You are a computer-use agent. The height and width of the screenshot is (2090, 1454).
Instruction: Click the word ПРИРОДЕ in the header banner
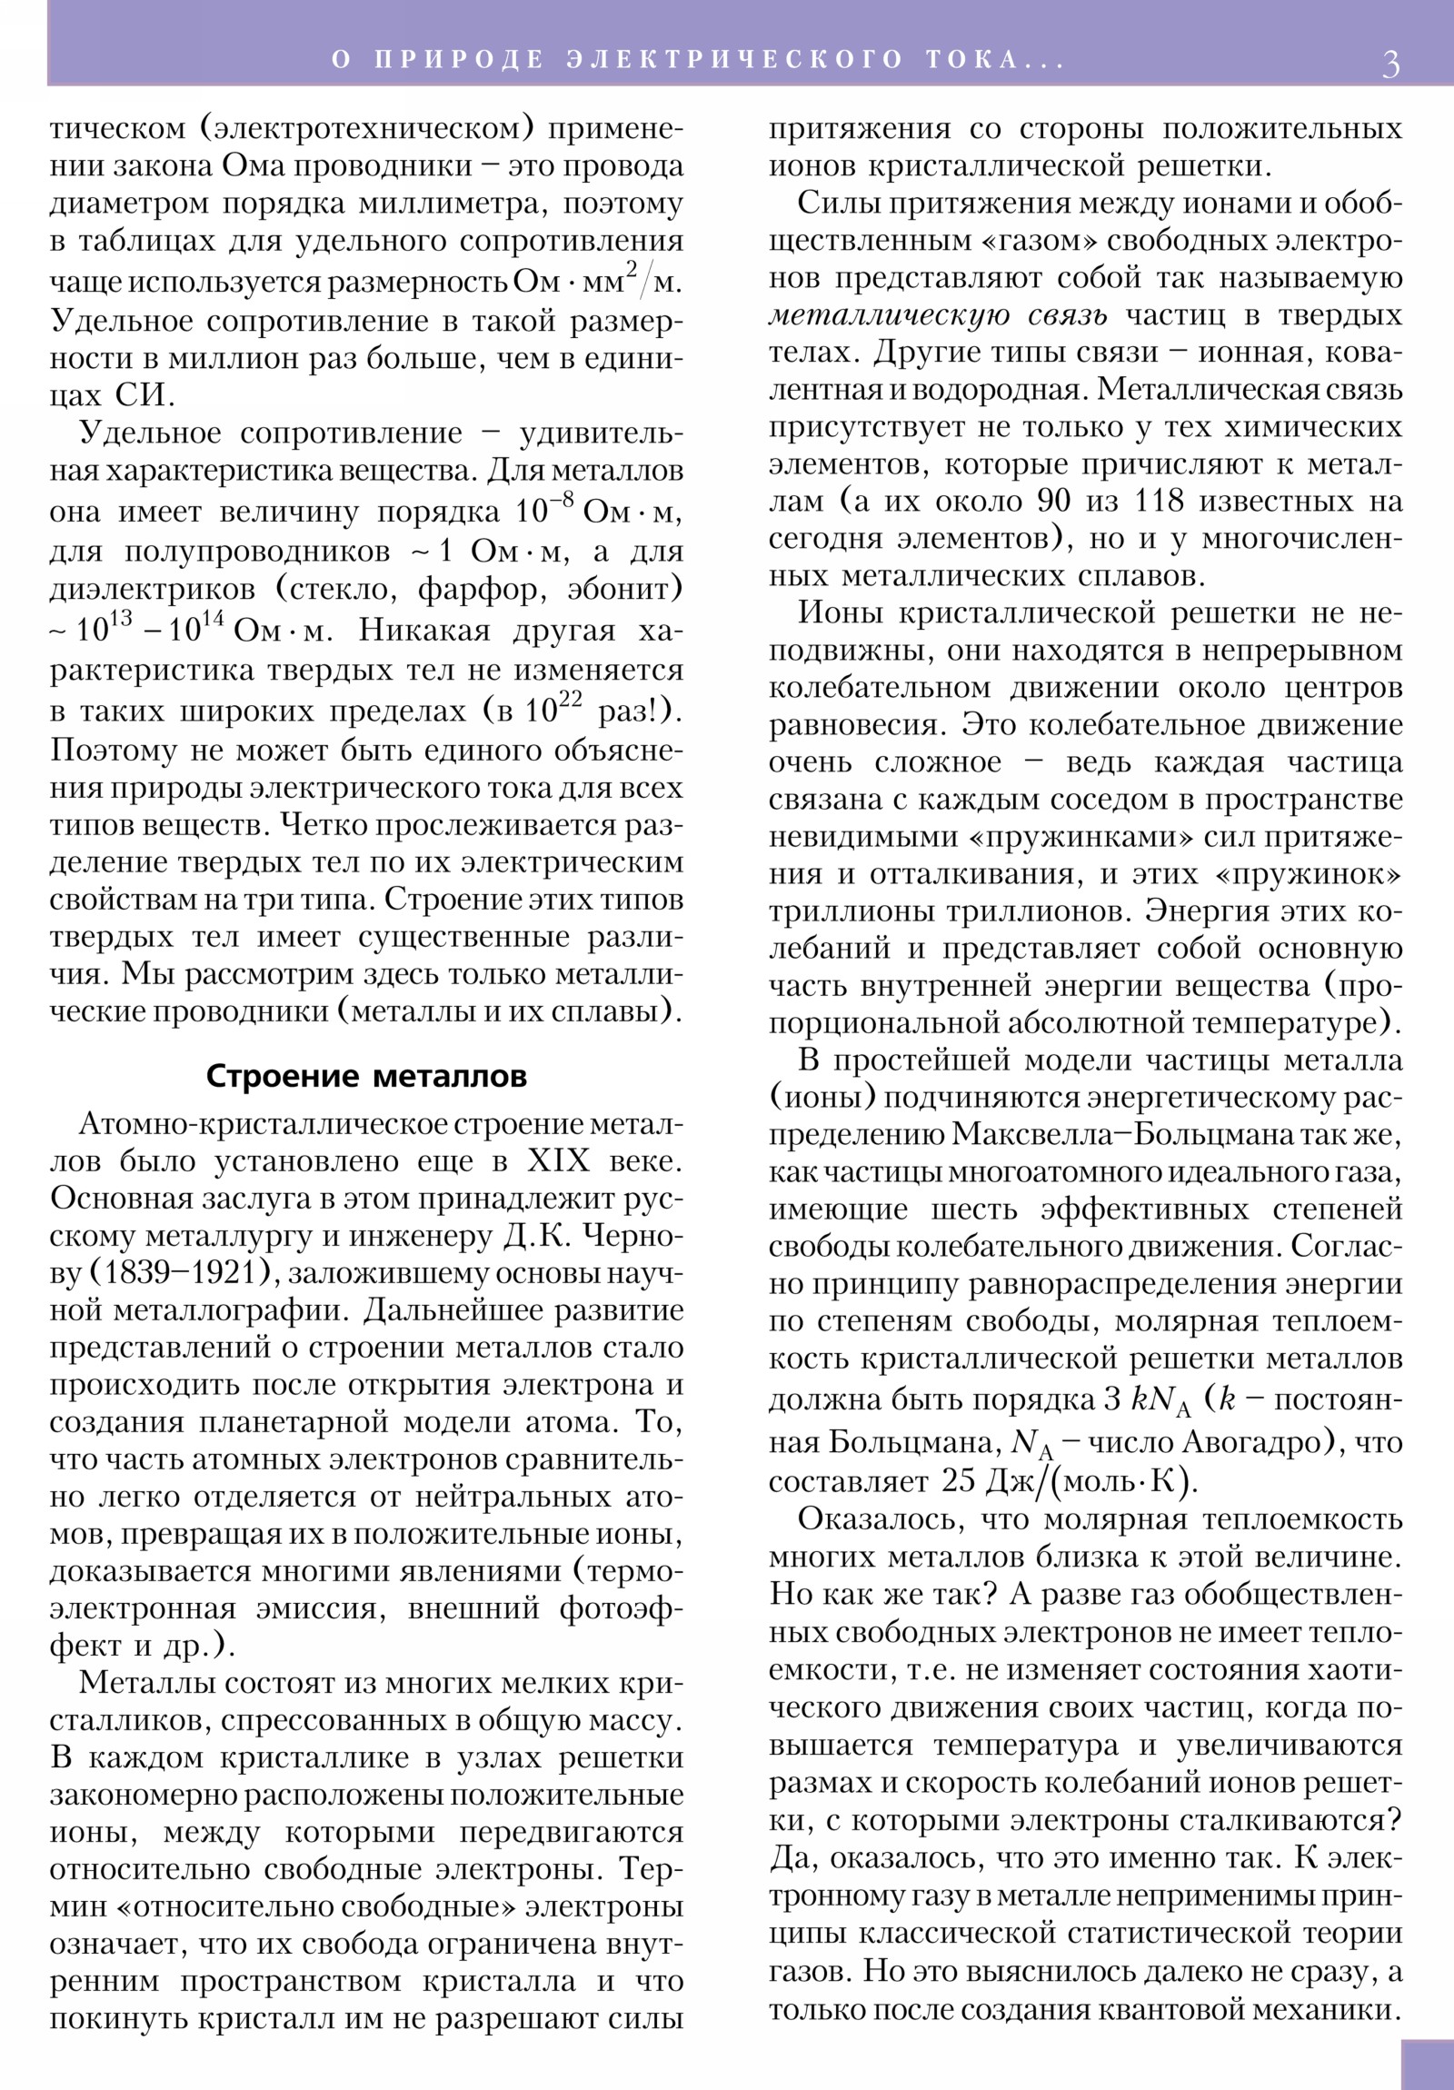(459, 60)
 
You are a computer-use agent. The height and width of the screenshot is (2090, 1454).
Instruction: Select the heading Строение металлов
(366, 1076)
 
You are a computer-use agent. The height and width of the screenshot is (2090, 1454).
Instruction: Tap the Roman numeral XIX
(558, 1161)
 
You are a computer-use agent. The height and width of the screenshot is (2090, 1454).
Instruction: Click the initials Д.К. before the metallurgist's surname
(537, 1236)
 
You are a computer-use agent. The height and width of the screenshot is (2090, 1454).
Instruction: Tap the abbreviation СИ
(143, 396)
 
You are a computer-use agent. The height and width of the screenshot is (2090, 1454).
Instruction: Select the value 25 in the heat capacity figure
(959, 1481)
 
